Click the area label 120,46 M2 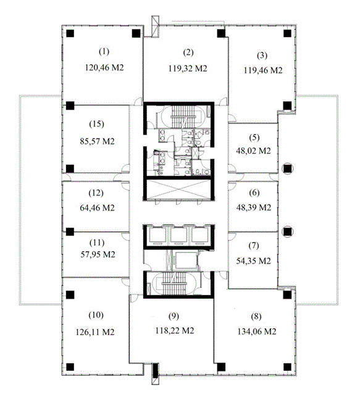(104, 68)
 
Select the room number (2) (188, 52)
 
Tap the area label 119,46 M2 (263, 70)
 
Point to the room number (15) (97, 124)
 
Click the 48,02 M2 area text (253, 151)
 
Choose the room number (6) (254, 193)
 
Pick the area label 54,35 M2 (253, 261)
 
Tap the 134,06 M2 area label (257, 331)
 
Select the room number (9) (174, 316)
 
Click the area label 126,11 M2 (95, 332)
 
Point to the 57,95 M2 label (98, 255)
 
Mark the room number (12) (96, 193)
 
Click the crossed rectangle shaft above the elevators (178, 189)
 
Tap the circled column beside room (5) (287, 168)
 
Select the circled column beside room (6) (287, 231)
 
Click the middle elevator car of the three (178, 236)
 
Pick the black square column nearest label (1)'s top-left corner (70, 33)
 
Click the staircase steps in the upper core (179, 117)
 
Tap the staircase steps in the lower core (174, 283)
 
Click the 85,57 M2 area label (97, 141)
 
